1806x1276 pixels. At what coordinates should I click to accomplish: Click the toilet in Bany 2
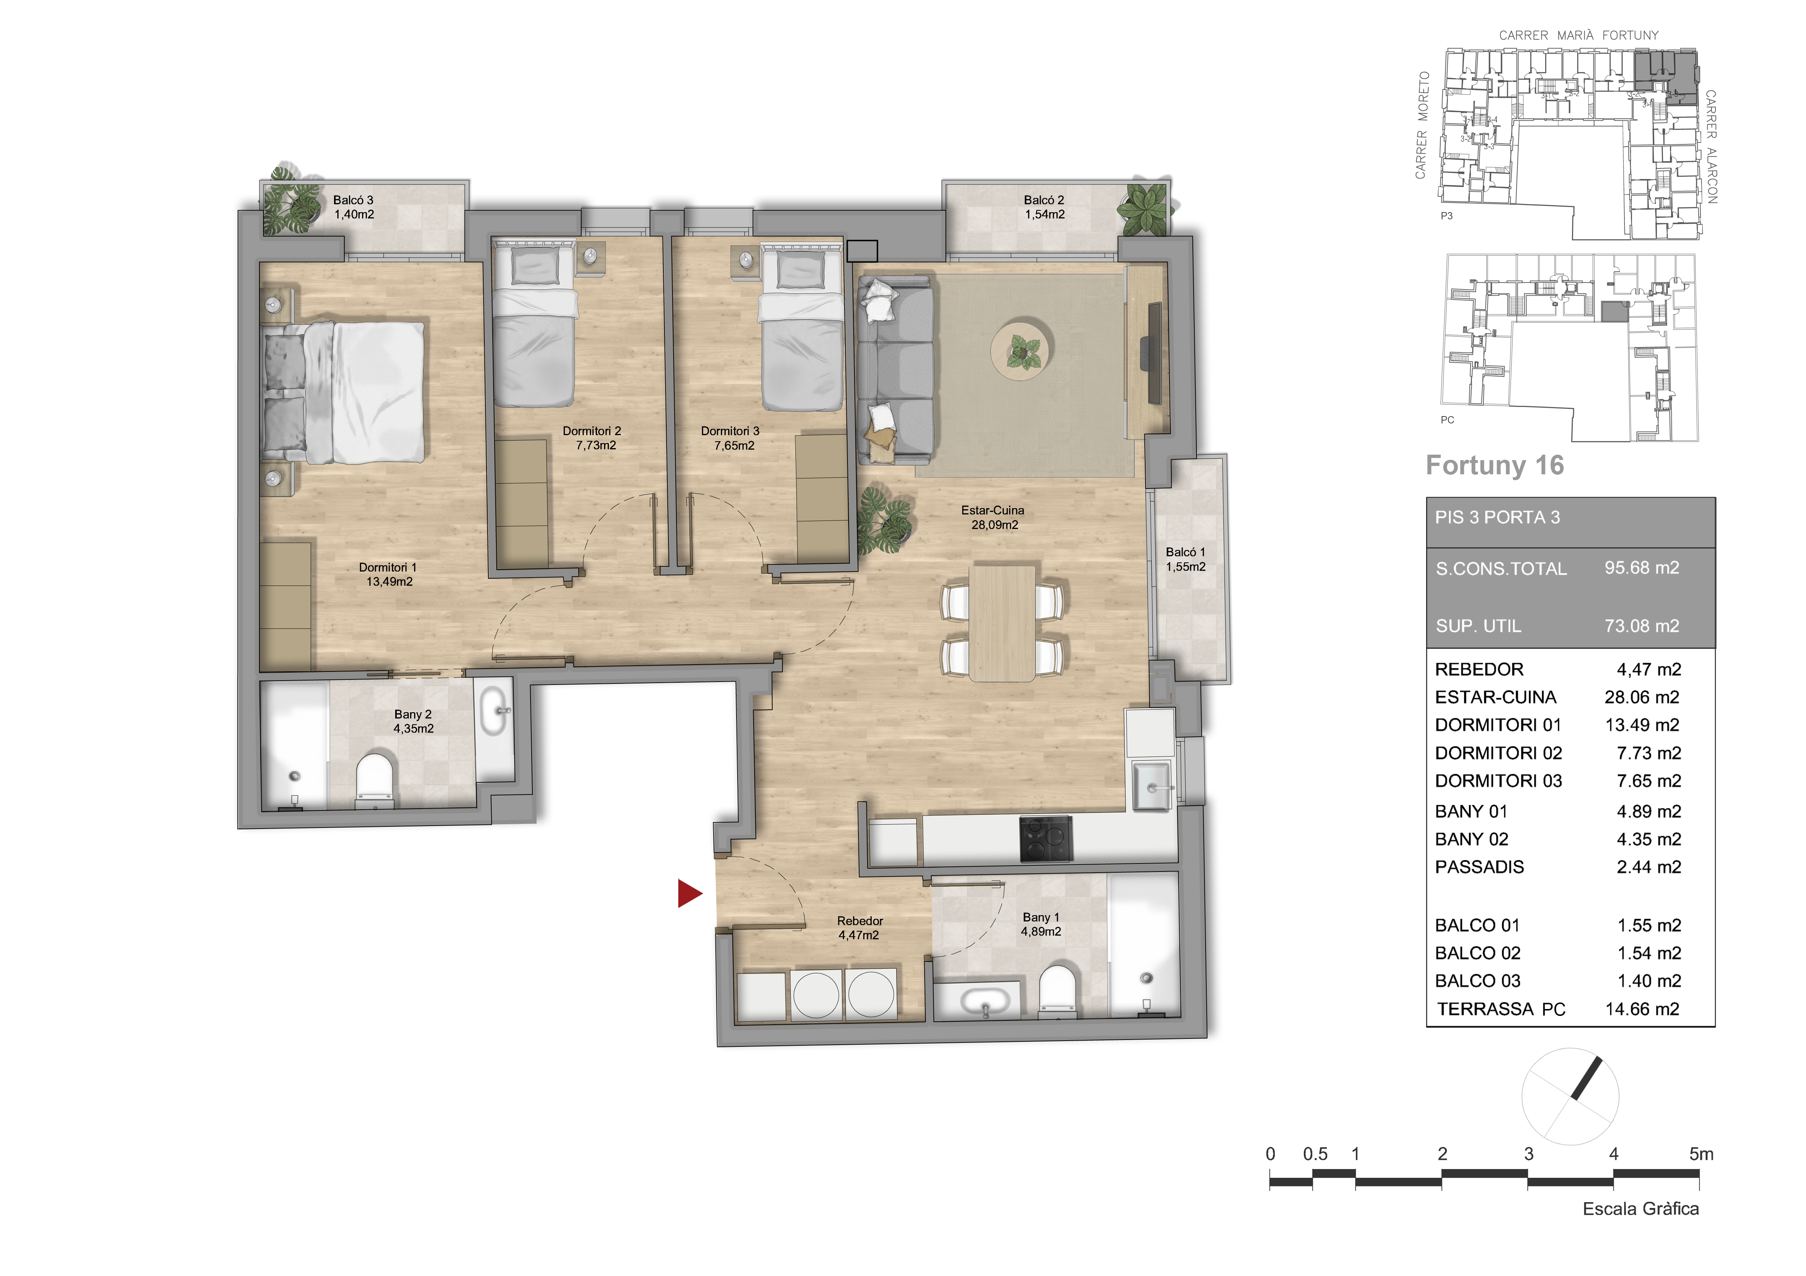click(374, 781)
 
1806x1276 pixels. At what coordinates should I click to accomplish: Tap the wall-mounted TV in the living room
click(1154, 348)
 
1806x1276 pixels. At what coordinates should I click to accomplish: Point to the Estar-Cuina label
click(993, 517)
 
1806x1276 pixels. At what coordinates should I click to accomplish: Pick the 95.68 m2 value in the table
click(1642, 568)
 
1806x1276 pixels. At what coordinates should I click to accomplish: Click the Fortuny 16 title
click(1495, 466)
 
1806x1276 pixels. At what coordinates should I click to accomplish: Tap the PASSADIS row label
click(1479, 867)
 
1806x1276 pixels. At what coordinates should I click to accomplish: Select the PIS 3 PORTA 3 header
click(1497, 517)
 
